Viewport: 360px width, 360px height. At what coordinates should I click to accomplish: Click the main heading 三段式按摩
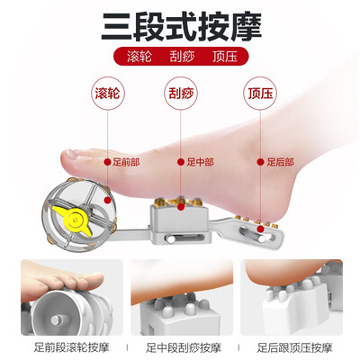pyautogui.click(x=181, y=26)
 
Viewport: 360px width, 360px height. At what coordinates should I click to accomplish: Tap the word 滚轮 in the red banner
pyautogui.click(x=139, y=57)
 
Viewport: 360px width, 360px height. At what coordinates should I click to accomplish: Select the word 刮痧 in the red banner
pyautogui.click(x=182, y=57)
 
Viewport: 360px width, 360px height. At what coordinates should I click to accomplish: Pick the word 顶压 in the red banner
pyautogui.click(x=225, y=57)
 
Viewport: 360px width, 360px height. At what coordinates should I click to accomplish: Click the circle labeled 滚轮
pyautogui.click(x=107, y=93)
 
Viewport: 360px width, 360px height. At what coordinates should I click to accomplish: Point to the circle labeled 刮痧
pyautogui.click(x=181, y=93)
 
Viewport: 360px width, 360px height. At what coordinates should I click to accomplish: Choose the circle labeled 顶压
pyautogui.click(x=260, y=93)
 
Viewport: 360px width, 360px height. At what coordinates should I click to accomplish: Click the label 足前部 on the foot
pyautogui.click(x=126, y=162)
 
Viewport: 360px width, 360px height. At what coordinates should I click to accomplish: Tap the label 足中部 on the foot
pyautogui.click(x=200, y=162)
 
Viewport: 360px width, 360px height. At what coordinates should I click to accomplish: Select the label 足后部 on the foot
pyautogui.click(x=280, y=162)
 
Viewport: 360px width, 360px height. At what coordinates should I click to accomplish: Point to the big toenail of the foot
pyautogui.click(x=72, y=154)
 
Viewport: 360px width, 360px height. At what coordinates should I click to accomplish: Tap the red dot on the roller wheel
pyautogui.click(x=107, y=200)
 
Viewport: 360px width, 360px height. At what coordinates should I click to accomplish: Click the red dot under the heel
pyautogui.click(x=261, y=229)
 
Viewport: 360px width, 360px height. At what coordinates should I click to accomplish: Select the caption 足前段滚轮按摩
pyautogui.click(x=71, y=347)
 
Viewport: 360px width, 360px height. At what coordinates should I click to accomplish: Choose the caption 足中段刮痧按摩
pyautogui.click(x=184, y=347)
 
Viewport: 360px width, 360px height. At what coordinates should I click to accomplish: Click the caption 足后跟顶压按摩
pyautogui.click(x=294, y=347)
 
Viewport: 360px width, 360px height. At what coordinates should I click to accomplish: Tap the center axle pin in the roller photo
pyautogui.click(x=56, y=319)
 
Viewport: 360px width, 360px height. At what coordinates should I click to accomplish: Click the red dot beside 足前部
pyautogui.click(x=107, y=162)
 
